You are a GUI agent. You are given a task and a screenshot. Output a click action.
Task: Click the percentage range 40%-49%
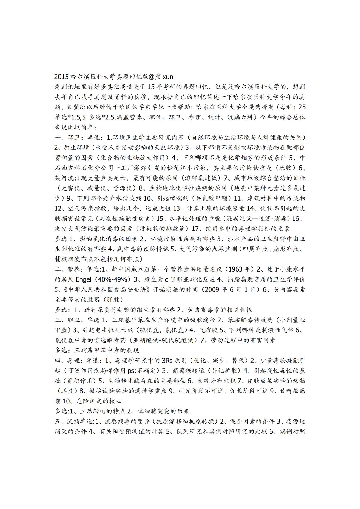(114, 279)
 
